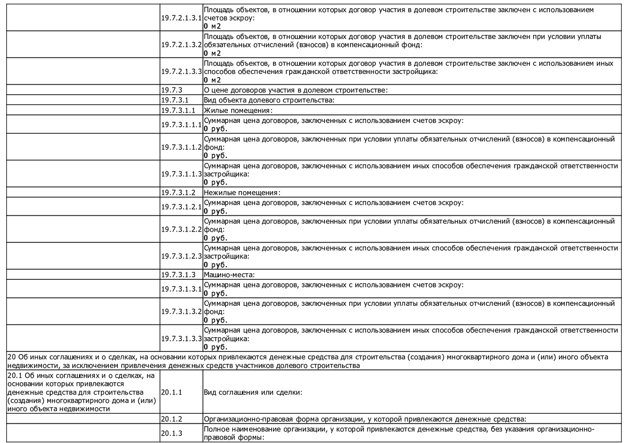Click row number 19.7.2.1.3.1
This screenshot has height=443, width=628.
[x=181, y=18]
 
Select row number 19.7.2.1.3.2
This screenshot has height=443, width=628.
[x=181, y=45]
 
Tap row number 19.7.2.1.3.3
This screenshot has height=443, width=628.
[x=181, y=71]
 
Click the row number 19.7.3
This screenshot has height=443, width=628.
[x=172, y=90]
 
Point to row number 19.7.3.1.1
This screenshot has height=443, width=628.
[x=178, y=110]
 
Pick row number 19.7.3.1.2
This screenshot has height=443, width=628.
[x=178, y=192]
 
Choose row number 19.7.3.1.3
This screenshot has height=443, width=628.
[x=178, y=275]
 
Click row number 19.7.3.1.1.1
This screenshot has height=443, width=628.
[x=181, y=125]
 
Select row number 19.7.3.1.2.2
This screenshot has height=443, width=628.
[x=181, y=229]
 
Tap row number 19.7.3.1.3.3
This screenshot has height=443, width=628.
[x=181, y=338]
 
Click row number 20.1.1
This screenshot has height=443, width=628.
[x=172, y=392]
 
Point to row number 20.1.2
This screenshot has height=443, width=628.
[x=172, y=419]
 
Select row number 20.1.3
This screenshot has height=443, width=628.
[x=172, y=433]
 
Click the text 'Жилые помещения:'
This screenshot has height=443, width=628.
[x=238, y=110]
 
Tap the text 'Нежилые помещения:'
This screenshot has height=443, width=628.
[x=242, y=192]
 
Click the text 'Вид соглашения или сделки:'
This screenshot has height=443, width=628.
[x=253, y=392]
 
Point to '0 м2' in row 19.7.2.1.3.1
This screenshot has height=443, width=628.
[x=212, y=26]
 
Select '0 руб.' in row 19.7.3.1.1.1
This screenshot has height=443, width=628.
[x=215, y=129]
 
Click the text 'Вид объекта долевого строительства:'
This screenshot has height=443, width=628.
[x=269, y=100]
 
